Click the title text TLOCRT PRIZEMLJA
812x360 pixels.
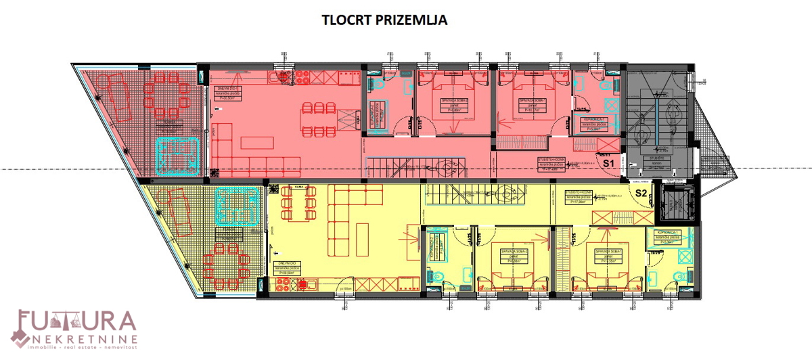point(385,20)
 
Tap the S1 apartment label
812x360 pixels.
point(607,164)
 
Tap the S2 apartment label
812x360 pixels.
point(641,192)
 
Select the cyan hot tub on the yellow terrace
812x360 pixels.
point(235,206)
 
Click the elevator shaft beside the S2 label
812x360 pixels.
point(679,204)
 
